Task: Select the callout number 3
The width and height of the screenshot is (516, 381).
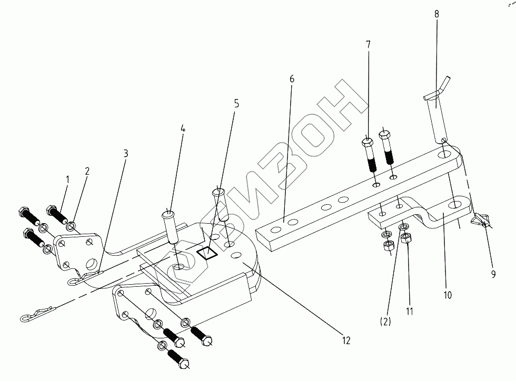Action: pos(125,154)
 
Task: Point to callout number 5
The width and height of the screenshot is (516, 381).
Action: pos(236,104)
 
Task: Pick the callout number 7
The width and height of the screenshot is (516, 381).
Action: pos(369,45)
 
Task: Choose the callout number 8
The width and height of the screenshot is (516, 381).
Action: pos(436,15)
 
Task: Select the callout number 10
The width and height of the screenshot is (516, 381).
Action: pos(447,295)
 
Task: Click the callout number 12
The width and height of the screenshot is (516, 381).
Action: pos(345,340)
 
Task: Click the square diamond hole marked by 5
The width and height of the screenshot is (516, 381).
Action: pos(207,254)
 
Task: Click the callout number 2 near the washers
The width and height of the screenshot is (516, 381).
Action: pos(87,172)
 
